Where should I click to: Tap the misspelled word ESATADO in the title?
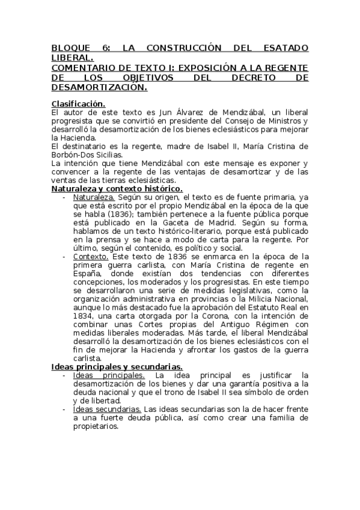tap(282, 48)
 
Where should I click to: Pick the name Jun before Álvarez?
tap(152, 112)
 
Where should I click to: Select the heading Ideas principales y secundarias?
tap(117, 367)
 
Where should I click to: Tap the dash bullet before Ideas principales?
tap(65, 376)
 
